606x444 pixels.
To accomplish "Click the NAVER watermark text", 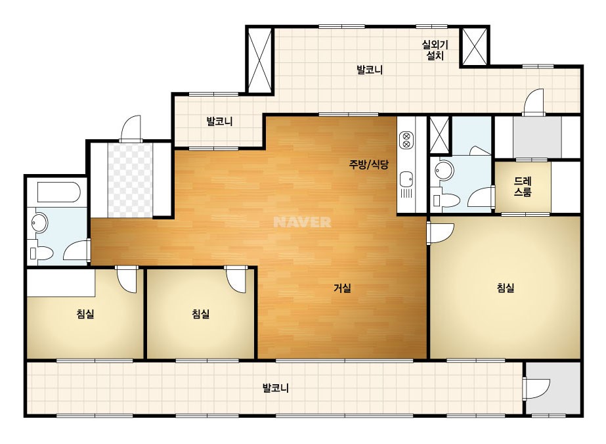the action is tap(302, 222).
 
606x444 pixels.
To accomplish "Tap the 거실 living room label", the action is tap(343, 288).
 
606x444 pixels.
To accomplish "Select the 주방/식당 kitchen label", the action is tap(369, 165).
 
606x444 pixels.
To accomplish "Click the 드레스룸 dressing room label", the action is tap(523, 187).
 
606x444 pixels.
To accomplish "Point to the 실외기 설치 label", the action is tap(435, 51).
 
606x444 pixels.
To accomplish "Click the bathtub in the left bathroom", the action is tap(58, 192).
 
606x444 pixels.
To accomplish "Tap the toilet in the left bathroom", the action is tap(41, 254).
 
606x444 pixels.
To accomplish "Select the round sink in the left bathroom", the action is tap(40, 223).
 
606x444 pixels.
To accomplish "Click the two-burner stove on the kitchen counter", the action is tap(406, 140).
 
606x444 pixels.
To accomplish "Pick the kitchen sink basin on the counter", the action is tap(406, 179).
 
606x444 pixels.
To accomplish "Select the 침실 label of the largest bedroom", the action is tap(506, 288).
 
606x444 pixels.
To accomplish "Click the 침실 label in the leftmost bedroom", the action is tap(85, 314).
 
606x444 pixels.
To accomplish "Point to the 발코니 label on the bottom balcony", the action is tap(276, 388).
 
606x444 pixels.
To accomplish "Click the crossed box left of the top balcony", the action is tap(260, 59).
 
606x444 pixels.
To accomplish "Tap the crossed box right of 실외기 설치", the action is tap(475, 47).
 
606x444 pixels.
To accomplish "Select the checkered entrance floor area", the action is tap(130, 181).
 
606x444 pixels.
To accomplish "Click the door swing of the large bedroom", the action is tap(441, 233).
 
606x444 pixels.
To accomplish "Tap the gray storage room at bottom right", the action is tap(553, 388).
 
